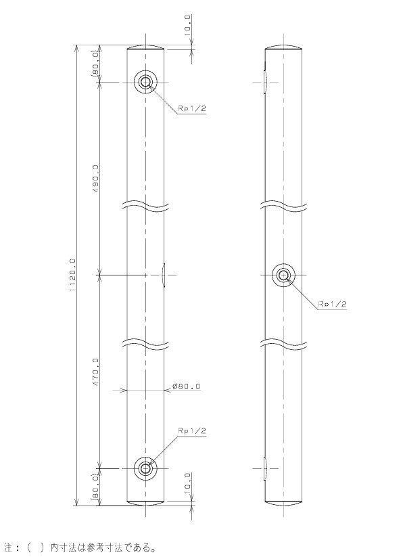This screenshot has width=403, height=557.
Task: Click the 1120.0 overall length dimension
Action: tap(73, 275)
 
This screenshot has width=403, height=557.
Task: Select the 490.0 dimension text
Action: tap(95, 179)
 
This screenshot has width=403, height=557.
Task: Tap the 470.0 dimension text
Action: tap(95, 372)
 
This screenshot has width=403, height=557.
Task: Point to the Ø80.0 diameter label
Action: tap(186, 386)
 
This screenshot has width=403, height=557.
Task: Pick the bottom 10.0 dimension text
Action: tap(188, 482)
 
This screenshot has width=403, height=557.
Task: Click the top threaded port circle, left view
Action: tap(145, 82)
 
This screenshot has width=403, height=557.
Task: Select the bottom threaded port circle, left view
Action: tap(145, 468)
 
